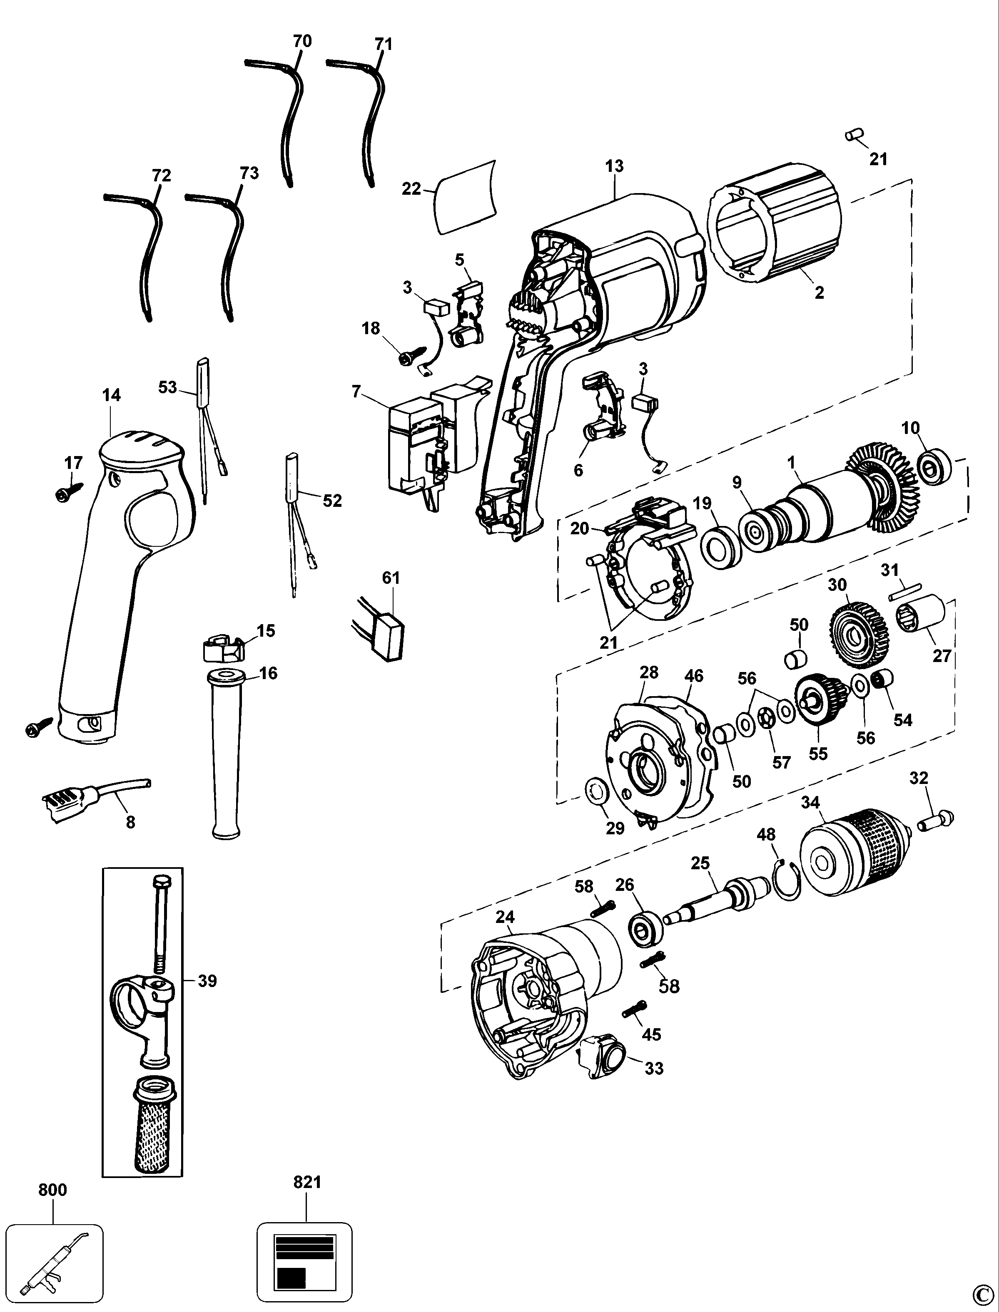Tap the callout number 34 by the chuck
tap(810, 803)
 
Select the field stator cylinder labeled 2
tap(773, 232)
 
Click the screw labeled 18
tap(412, 357)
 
